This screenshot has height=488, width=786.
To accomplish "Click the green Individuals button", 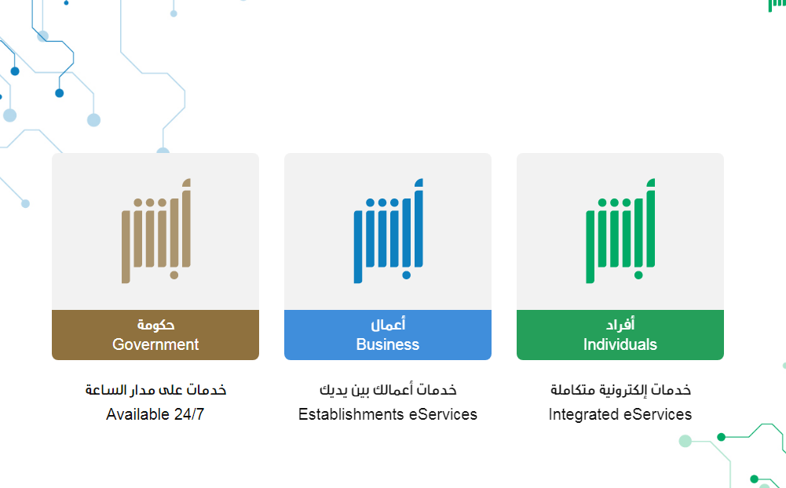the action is pos(620,335).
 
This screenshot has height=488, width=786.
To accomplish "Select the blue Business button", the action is pos(387,335).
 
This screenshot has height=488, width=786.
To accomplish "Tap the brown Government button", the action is pos(155,335).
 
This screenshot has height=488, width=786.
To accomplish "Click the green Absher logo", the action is pos(620,231).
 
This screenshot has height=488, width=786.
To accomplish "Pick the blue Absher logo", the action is pos(388,231).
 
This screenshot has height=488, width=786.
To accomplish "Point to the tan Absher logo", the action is pos(156,231).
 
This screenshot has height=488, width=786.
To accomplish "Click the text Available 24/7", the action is pos(155,414).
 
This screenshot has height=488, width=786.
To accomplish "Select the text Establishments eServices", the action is pos(387,414).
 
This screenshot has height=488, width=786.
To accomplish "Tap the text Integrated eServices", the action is pos(620,414).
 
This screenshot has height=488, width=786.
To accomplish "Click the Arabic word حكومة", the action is pos(156,325).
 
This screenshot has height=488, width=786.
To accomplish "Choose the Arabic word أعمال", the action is pos(388,325).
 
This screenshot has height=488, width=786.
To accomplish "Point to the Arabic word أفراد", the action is pos(620,325).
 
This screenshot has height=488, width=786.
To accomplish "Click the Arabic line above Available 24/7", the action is pos(155,390).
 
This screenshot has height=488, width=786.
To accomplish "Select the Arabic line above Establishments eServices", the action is pos(388,390).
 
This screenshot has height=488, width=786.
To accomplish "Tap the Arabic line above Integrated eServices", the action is pos(620,390).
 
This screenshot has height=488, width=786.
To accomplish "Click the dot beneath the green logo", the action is pos(638,275).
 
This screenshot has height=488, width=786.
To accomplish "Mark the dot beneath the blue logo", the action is pos(407,275).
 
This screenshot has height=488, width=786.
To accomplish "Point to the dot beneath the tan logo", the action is pos(174,275).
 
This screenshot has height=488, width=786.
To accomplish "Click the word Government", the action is pos(155,344).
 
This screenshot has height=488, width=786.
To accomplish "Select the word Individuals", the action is pos(620,344).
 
